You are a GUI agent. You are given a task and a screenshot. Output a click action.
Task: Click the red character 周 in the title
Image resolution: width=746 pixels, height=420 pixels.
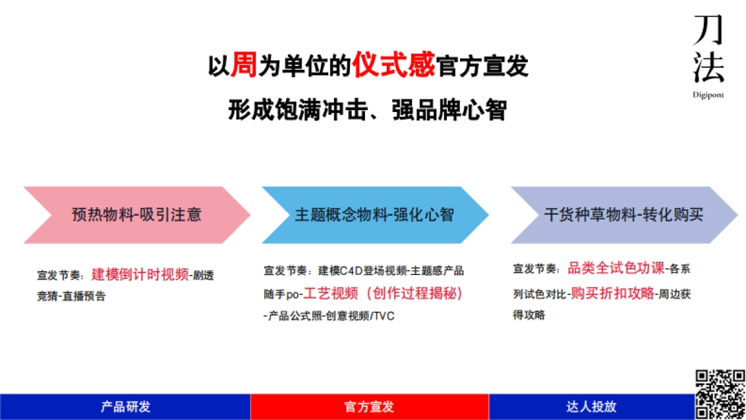[x=244, y=65]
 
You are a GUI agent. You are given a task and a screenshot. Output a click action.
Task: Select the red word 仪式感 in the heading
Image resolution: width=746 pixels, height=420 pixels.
[x=394, y=65]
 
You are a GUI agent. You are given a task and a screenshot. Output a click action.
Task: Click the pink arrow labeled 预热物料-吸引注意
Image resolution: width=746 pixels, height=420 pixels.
[x=136, y=215]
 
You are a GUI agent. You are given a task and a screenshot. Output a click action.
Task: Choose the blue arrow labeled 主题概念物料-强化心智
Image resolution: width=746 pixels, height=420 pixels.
[x=374, y=215]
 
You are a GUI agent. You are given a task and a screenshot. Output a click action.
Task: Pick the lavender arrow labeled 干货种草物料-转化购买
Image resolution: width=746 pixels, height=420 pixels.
[x=624, y=215]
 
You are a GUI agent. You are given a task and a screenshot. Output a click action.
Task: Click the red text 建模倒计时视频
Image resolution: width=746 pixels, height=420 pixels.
[x=140, y=274]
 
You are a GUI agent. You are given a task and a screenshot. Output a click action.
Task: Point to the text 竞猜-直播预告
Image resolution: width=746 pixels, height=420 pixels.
[x=71, y=296]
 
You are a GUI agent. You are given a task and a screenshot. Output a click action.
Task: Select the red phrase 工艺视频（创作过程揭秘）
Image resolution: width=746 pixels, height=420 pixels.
[x=383, y=294]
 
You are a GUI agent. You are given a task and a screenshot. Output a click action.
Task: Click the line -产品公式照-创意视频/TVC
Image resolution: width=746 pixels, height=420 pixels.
[x=329, y=316]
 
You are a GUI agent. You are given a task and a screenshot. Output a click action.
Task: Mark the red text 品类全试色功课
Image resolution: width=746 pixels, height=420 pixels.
[x=615, y=269]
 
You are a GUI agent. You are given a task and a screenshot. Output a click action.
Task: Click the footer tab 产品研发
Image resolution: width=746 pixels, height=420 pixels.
[x=125, y=407]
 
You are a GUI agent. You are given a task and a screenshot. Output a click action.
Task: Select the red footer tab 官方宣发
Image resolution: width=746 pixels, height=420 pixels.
[x=369, y=407]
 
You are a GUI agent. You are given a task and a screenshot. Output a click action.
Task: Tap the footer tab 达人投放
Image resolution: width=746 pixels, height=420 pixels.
[x=591, y=407]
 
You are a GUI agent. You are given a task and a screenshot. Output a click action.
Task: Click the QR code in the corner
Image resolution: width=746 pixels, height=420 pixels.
[x=719, y=393]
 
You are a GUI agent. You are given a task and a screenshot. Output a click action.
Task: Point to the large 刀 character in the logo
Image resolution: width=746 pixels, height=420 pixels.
[x=709, y=29]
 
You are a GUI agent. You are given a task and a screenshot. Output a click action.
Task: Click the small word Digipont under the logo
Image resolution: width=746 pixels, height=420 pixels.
[x=709, y=95]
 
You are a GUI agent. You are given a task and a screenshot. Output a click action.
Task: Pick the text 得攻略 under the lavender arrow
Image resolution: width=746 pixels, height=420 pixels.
[x=529, y=315]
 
